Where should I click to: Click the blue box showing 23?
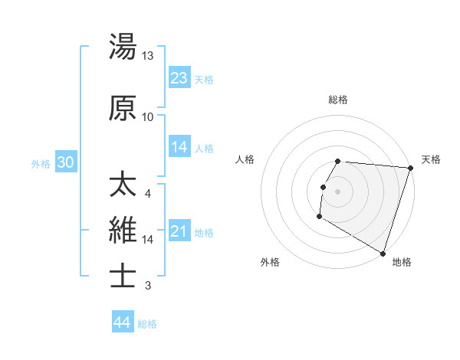179,78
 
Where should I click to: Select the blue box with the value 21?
179,231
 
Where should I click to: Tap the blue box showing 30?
65,162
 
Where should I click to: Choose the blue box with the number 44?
122,322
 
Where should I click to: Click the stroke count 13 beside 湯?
148,56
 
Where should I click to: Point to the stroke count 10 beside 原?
148,117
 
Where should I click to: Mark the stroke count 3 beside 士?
148,286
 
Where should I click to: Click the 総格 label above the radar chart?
338,100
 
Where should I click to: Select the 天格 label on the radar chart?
431,159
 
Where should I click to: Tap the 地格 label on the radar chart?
402,263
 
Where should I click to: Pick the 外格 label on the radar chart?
270,263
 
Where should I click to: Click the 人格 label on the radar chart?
245,159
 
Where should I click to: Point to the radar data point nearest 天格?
410,168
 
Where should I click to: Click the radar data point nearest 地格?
383,254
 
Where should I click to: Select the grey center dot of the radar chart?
337,191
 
